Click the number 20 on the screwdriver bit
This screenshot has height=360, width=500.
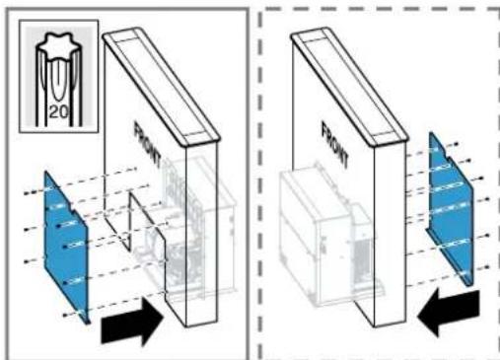click(59, 112)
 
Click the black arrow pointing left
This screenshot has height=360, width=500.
click(449, 312)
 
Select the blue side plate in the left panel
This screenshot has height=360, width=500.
click(66, 247)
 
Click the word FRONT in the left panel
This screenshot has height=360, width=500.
click(148, 145)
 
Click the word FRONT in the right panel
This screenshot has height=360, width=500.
click(335, 145)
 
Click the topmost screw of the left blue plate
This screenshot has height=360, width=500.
click(27, 193)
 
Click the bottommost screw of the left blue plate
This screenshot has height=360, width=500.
click(65, 316)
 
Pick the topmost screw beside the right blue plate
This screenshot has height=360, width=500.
click(457, 144)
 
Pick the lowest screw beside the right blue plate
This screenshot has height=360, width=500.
click(487, 267)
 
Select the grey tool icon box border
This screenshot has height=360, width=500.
click(19, 76)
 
